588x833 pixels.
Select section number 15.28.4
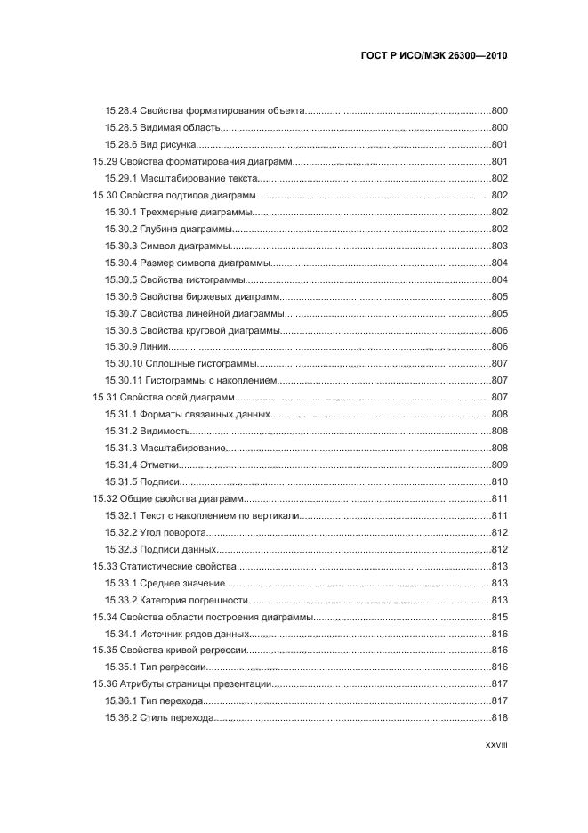(120, 110)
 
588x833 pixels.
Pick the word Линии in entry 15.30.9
(154, 346)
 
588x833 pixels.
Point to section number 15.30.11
(123, 380)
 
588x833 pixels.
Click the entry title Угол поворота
(175, 532)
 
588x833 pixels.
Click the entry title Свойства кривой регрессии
(185, 650)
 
